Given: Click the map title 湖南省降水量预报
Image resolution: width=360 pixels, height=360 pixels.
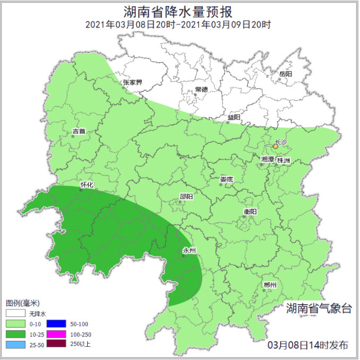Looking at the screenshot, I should pos(179,12).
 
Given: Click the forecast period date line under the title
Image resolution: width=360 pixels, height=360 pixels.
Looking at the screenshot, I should pos(179,24).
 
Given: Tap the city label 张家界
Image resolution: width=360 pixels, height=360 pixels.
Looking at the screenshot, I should pos(132,82).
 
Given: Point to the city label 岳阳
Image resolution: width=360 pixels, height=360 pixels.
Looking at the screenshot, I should pos(286,74).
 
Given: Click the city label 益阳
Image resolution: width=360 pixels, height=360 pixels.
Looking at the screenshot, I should pos(233,117).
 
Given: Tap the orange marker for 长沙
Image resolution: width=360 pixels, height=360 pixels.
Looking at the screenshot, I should pos(275,146).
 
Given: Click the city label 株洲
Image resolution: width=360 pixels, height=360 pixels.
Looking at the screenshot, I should pos(283,160).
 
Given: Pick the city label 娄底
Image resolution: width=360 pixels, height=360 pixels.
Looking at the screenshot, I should pos(227,179).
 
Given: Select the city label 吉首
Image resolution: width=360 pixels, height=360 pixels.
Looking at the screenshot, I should pos(79,131).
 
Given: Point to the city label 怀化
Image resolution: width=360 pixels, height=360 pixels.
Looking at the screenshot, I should pos(87,185).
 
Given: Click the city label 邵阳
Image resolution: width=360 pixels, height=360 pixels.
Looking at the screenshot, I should pos(186,197).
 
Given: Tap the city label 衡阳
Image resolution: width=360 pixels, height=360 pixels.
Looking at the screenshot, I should pos(250,212).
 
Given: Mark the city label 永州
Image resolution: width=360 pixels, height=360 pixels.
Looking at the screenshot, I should pos(189,250).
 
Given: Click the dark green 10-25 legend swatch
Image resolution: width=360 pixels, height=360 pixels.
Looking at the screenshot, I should pos(16,334).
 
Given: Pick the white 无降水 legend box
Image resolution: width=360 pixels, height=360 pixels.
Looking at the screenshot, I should pos(16,314).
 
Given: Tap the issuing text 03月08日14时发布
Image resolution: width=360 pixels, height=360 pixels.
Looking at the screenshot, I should pos(308,345).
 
